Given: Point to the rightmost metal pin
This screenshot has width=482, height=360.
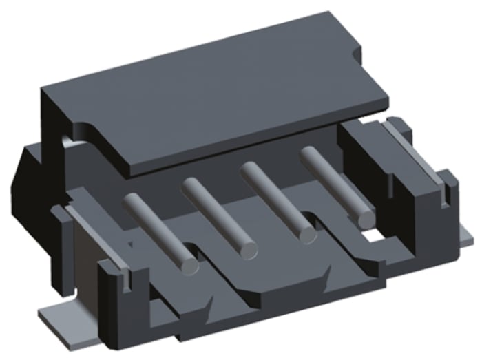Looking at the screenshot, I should (335, 183).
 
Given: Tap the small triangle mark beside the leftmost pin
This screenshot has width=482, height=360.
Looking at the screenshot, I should (130, 242).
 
